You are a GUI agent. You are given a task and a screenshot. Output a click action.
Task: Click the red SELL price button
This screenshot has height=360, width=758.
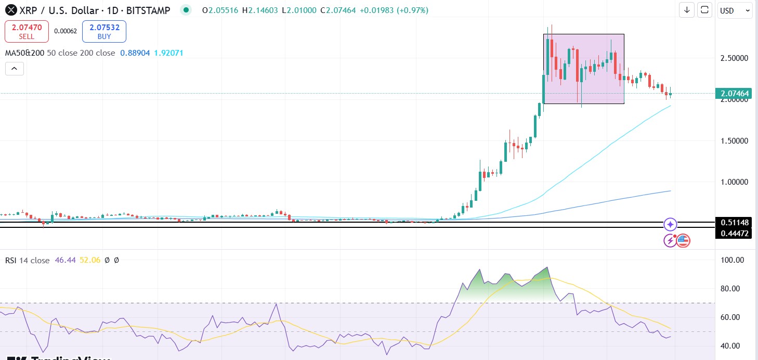[x=27, y=31]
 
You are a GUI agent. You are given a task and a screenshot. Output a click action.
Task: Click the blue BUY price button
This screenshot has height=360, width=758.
[x=104, y=31]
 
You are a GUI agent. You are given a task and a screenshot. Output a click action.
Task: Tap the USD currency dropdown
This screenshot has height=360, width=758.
[x=734, y=10]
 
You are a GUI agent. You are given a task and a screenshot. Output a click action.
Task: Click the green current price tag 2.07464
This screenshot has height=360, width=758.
[x=734, y=94]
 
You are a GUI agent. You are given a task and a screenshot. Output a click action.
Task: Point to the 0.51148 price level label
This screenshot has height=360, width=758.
[x=734, y=223]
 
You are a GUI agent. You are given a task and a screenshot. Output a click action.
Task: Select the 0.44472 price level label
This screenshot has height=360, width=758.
[x=734, y=234]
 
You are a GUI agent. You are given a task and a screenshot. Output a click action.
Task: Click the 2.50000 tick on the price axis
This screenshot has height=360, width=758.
[x=734, y=58]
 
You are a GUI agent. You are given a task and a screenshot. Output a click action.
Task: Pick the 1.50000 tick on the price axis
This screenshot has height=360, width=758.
[x=734, y=141]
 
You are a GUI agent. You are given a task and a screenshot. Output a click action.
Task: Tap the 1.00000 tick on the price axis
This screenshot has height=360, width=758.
[x=734, y=182]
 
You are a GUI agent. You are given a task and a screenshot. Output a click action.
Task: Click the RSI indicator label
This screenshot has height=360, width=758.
[x=11, y=260]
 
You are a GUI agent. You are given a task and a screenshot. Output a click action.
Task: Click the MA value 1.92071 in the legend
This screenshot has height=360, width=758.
[x=169, y=53]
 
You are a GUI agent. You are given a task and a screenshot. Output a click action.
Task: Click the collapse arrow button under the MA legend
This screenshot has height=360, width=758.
[x=15, y=69]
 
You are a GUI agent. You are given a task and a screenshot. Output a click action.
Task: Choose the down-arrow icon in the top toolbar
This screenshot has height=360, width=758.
[x=687, y=10]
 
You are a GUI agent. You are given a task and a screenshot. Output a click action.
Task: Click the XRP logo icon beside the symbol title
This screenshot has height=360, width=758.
[x=9, y=10]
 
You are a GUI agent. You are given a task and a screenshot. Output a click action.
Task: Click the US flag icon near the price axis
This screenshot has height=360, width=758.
[x=683, y=240]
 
